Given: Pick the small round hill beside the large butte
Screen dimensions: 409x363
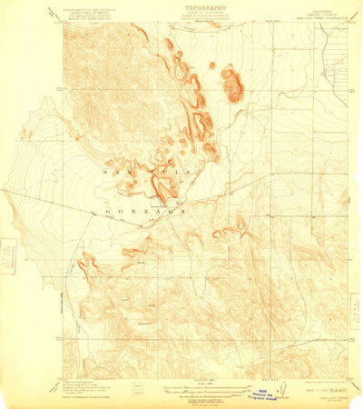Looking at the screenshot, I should [212, 65].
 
